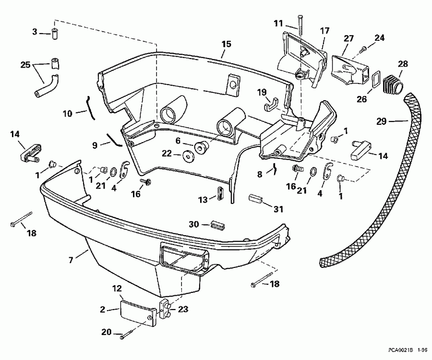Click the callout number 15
pos(226,44)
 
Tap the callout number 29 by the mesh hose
pos(381,121)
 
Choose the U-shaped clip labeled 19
pos(272,103)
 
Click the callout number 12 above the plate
pos(117,288)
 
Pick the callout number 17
pos(325,31)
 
